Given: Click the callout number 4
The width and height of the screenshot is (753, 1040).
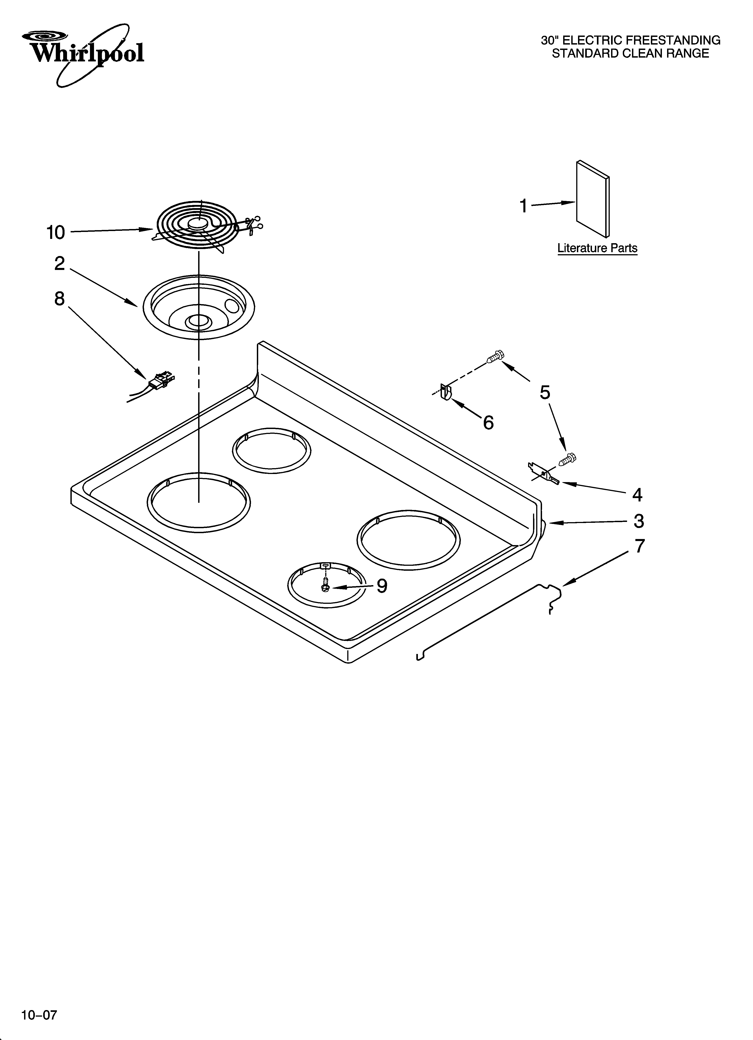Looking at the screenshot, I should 637,495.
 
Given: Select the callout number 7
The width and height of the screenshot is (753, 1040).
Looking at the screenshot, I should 640,546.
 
